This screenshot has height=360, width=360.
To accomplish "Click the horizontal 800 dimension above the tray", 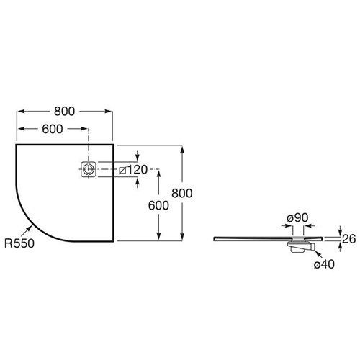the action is (x=64, y=112).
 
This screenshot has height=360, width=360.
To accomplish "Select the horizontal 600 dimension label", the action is (x=53, y=129).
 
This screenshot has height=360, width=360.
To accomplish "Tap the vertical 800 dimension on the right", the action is (x=182, y=193).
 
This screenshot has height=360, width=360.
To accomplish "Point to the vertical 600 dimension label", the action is (x=158, y=205).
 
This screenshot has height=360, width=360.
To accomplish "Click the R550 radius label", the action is (x=19, y=243).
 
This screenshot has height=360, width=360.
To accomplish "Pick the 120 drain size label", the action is (x=137, y=170).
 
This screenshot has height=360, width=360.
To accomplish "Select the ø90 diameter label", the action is (x=297, y=217).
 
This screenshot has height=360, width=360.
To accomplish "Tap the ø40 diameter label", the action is (x=324, y=264).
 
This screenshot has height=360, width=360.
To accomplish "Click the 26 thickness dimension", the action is (x=348, y=239).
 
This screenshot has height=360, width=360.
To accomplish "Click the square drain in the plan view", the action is (x=89, y=169).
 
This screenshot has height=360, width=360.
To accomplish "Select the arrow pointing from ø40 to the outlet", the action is (x=319, y=255).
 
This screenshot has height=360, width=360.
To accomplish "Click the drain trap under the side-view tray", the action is (x=301, y=247).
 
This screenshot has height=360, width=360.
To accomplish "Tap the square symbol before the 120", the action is (x=122, y=170).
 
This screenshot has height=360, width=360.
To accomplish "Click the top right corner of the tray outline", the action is (x=113, y=145).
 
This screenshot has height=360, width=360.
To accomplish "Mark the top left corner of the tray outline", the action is (x=16, y=145).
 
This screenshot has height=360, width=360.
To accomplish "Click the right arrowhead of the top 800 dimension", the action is (x=109, y=112).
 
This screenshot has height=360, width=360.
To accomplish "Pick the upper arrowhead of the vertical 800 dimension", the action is (x=182, y=149).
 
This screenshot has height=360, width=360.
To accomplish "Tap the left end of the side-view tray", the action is (x=214, y=238).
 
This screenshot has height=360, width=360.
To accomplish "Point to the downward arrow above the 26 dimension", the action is (x=340, y=230).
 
